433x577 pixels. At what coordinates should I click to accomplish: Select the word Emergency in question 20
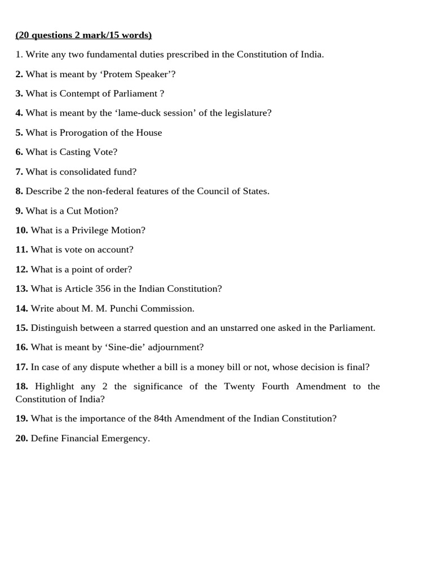tap(125, 438)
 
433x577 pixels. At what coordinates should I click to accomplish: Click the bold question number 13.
tap(22, 288)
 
